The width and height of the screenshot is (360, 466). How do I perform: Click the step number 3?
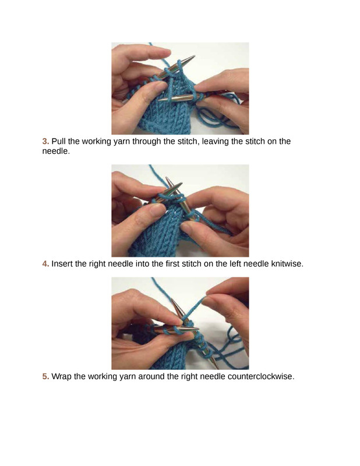45,141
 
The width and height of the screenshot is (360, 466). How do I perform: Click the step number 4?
45,264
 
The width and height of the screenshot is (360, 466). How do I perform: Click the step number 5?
45,376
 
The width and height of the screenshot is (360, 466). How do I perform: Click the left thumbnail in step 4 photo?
157,210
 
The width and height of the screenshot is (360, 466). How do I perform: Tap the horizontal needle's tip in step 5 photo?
196,329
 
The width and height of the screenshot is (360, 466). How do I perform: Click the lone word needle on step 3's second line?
55,151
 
